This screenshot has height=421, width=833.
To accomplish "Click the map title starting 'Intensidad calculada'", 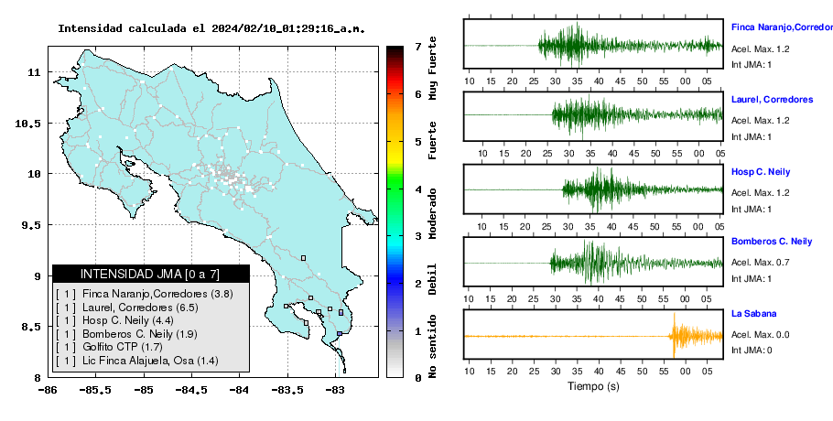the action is tap(211, 28).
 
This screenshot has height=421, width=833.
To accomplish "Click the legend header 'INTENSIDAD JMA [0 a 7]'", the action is tap(150, 274).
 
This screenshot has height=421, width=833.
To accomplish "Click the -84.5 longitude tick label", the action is tap(191, 390).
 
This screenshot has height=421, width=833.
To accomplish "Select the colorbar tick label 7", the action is tap(418, 47).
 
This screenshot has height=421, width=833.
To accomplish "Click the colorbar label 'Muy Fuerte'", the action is tap(433, 68).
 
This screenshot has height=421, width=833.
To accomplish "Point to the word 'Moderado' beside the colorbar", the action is tap(433, 213).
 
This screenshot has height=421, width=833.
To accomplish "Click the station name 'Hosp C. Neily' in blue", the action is tap(761, 172).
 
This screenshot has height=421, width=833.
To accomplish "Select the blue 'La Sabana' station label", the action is tap(754, 314).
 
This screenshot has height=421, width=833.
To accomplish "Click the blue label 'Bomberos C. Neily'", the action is tap(772, 242).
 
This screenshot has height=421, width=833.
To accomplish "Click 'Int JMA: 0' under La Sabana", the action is tap(752, 350).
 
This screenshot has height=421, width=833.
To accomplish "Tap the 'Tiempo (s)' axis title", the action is tap(593, 386).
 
